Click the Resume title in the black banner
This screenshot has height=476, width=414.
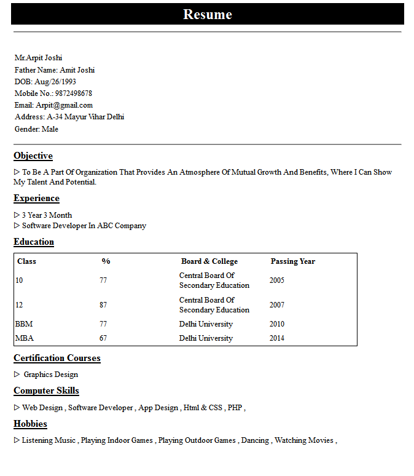(x=208, y=14)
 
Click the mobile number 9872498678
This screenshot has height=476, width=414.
(x=74, y=93)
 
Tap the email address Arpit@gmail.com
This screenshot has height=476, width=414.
(x=64, y=105)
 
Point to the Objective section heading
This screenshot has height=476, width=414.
(x=33, y=156)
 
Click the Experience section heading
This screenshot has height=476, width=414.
(x=36, y=198)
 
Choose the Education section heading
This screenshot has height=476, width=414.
(x=34, y=242)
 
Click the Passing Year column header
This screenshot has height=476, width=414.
(x=293, y=261)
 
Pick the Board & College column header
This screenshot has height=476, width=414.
(x=209, y=261)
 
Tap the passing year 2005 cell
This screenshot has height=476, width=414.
(x=277, y=280)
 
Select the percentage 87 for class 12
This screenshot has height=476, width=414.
(x=103, y=305)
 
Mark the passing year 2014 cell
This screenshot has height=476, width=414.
(x=277, y=338)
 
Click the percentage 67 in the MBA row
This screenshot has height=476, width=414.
(x=103, y=338)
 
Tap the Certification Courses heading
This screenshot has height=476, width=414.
(x=57, y=358)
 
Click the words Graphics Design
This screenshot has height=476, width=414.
(x=51, y=375)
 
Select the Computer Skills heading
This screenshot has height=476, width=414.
(x=46, y=391)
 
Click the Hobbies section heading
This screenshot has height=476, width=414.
(x=30, y=424)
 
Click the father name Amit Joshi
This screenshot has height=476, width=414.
(x=77, y=70)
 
